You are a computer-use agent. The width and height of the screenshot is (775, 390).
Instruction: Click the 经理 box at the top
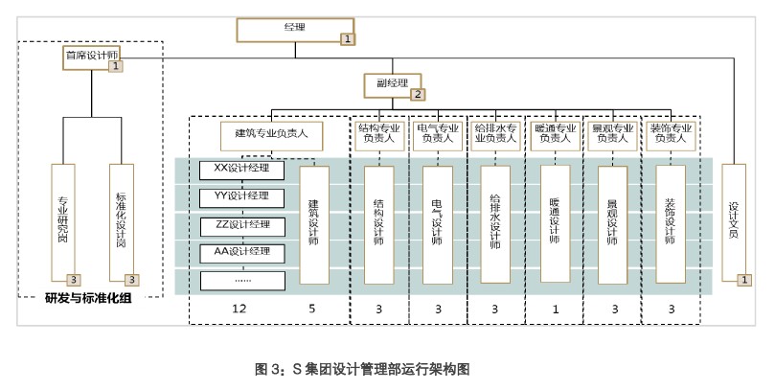tap(295, 29)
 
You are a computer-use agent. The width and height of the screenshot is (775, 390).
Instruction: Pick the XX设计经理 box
tap(243, 170)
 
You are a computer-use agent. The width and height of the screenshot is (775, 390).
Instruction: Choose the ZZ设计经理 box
tap(243, 225)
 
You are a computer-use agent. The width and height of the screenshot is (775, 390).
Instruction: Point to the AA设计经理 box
tap(243, 253)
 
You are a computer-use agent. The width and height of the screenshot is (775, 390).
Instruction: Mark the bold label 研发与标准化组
tap(88, 298)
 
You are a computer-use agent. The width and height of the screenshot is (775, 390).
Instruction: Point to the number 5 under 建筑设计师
tap(313, 309)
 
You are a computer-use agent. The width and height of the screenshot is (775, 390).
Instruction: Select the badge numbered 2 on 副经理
tap(417, 94)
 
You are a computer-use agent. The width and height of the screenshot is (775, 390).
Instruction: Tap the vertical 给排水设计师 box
tap(494, 222)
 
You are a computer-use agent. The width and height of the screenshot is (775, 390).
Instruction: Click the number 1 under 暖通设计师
tap(553, 309)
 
